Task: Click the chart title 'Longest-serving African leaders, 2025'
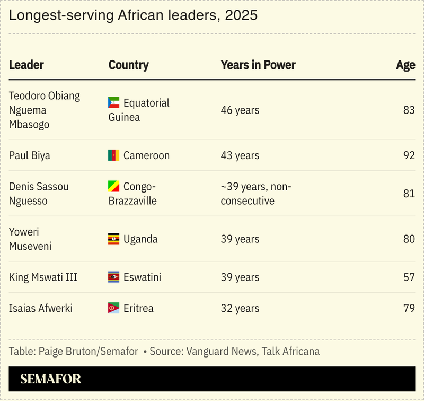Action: coord(133,15)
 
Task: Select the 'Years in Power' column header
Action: coord(258,65)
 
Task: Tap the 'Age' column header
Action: coord(405,65)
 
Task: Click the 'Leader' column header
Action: coord(26,65)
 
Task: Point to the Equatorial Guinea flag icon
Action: coord(114,103)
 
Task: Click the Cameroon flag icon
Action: coord(114,155)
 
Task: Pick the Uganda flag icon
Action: coord(114,239)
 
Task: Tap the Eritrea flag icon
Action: coord(114,308)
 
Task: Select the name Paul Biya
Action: coord(30,155)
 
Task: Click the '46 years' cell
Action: coord(240,110)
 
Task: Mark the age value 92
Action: coord(409,155)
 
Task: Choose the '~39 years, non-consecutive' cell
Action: coord(256,194)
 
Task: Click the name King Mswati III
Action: coord(43,277)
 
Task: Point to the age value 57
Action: coord(409,277)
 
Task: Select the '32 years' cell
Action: coord(240,308)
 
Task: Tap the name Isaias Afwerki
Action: coord(40,308)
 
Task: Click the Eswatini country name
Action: coord(142,277)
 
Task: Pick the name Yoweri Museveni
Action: coord(31,239)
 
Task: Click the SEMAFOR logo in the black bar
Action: coord(50,379)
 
